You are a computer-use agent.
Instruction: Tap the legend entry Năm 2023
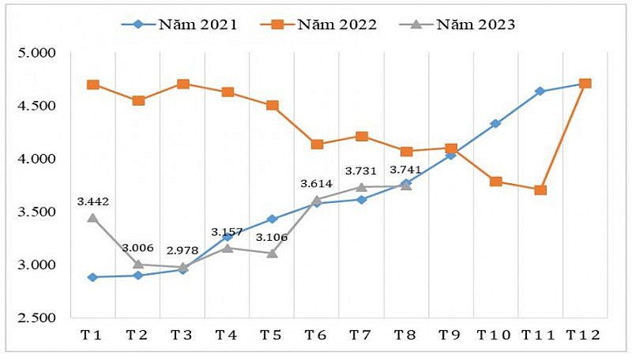coord(457,24)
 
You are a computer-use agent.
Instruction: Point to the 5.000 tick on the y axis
coord(36,53)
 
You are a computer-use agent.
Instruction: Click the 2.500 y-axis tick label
coord(36,317)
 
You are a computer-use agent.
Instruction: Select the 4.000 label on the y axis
coord(36,159)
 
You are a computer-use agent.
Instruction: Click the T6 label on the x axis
coord(317,336)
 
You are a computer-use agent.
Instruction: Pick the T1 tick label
coord(93,336)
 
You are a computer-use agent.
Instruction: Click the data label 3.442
coord(92,201)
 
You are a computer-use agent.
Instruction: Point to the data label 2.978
coord(182,250)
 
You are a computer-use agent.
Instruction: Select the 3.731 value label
coord(361,171)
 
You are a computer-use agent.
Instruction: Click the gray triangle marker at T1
coord(93,217)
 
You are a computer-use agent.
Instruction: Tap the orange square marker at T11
coord(540,189)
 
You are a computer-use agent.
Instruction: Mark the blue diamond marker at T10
coord(495,124)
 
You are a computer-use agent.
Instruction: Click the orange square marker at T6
coord(317,144)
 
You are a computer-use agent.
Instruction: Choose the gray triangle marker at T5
coord(273,253)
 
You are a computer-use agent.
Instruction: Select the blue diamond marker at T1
coord(93,277)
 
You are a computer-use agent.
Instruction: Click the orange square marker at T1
coord(93,84)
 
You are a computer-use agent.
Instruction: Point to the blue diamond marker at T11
coord(540,92)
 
